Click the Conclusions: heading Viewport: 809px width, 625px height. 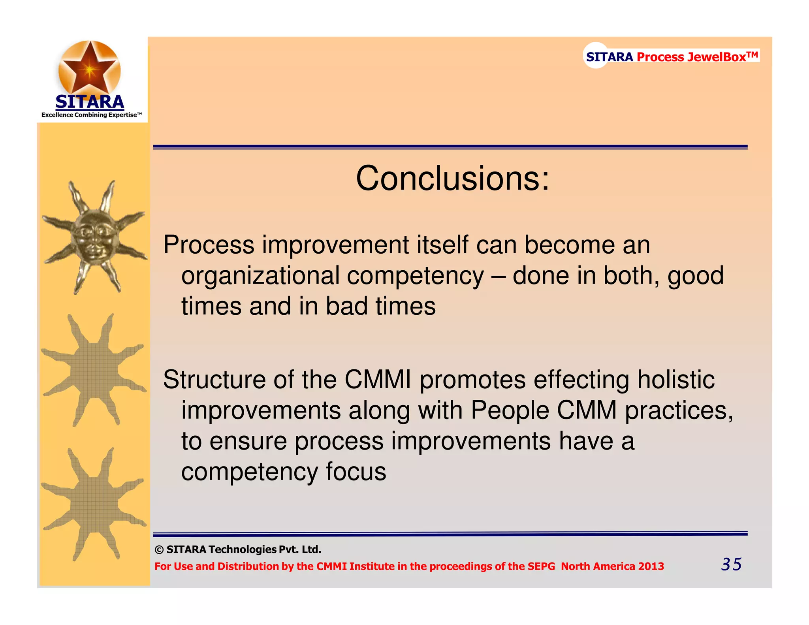point(452,179)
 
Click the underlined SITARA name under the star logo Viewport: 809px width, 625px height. point(90,102)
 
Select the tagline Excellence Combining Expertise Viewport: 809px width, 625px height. point(91,115)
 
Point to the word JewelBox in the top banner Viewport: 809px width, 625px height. point(717,57)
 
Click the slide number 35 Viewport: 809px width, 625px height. point(731,564)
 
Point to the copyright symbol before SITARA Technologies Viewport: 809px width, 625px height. point(159,550)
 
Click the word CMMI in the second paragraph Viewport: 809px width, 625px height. point(378,380)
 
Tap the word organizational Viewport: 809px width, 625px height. point(260,275)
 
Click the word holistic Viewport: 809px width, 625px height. point(676,380)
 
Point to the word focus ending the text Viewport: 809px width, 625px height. point(356,471)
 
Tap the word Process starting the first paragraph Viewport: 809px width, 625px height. point(209,245)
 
